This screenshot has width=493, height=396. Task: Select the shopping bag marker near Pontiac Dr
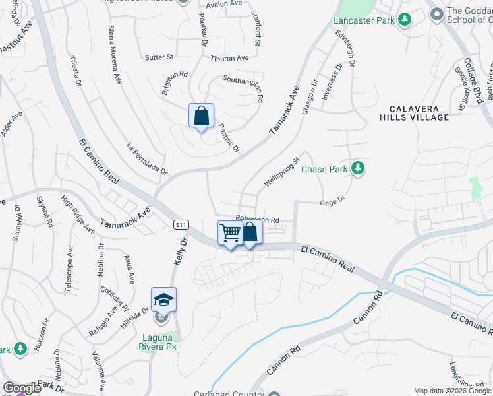(x=201, y=115)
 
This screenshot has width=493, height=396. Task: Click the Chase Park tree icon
(x=358, y=169)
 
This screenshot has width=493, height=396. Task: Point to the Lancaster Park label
(x=363, y=20)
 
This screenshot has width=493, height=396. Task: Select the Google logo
(x=22, y=388)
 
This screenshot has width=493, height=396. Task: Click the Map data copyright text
(x=452, y=391)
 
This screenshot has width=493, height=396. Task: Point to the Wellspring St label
(x=282, y=171)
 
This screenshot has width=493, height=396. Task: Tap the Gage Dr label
(x=332, y=202)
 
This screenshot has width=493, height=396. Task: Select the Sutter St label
(x=159, y=57)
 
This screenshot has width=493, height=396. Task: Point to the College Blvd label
(x=474, y=80)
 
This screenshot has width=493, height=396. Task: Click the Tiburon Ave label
(x=229, y=58)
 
